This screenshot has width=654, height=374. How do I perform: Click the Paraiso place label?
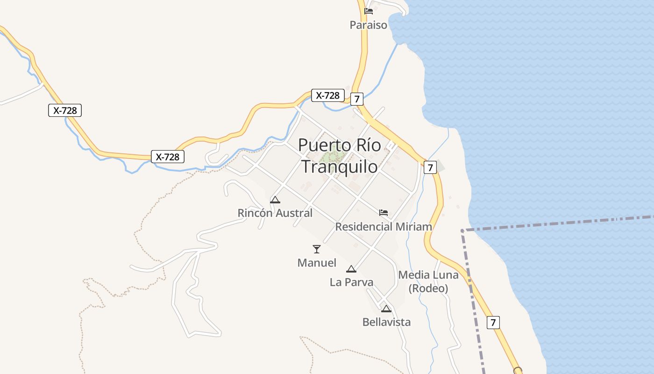[x=369, y=25]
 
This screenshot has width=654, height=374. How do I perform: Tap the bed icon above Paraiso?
[x=369, y=11]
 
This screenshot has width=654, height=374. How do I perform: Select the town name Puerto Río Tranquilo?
[x=339, y=156]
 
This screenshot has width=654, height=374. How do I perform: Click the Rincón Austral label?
[x=275, y=213]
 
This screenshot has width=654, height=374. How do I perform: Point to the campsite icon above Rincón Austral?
[x=275, y=200]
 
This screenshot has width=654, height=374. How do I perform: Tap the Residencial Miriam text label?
[x=384, y=227]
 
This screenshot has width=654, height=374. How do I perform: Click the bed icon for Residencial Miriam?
[x=384, y=213]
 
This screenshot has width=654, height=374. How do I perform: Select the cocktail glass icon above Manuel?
[x=317, y=249]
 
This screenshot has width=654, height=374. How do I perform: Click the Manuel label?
[x=317, y=263]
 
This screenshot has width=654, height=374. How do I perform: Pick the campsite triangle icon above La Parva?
[x=351, y=269]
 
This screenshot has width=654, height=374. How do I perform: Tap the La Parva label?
[x=351, y=282]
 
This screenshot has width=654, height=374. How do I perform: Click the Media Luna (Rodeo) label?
[x=428, y=281]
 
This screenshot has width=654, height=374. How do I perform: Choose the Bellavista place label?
[x=386, y=322]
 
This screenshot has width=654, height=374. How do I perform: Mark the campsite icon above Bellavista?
[x=386, y=309]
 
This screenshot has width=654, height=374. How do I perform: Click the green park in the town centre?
[x=334, y=157]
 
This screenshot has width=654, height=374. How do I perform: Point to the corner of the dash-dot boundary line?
[x=462, y=230]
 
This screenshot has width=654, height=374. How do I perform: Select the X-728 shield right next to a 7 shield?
[x=327, y=95]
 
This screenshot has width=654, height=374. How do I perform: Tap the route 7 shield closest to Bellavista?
[x=493, y=323]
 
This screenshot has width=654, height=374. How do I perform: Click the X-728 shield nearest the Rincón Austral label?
[x=168, y=157]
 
